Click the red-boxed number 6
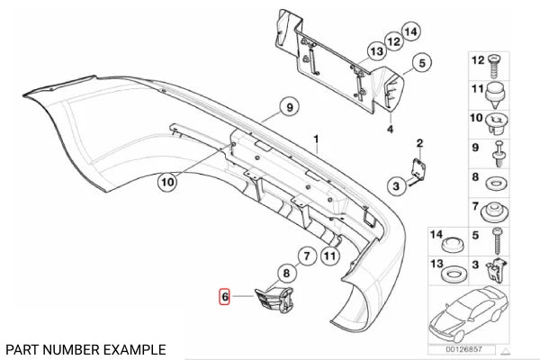tap(225, 295)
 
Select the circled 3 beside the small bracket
tap(395, 185)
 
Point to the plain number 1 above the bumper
tap(316, 140)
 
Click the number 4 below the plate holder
tap(391, 129)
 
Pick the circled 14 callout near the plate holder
tap(410, 33)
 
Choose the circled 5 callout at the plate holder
tap(418, 64)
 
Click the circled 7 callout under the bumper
tap(305, 256)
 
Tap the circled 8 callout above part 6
tap(284, 273)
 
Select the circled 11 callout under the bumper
tap(329, 256)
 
